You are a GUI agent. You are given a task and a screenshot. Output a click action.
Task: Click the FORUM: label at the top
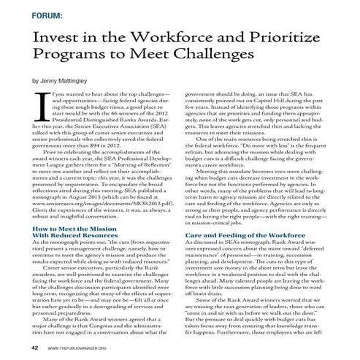click(x=47, y=14)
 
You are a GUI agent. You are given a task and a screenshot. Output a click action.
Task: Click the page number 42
click(x=34, y=348)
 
